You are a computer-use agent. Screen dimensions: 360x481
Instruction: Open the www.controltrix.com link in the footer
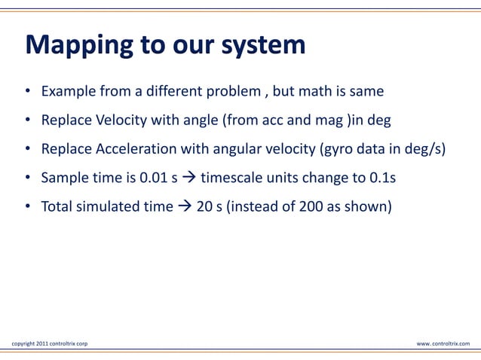pos(443,343)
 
